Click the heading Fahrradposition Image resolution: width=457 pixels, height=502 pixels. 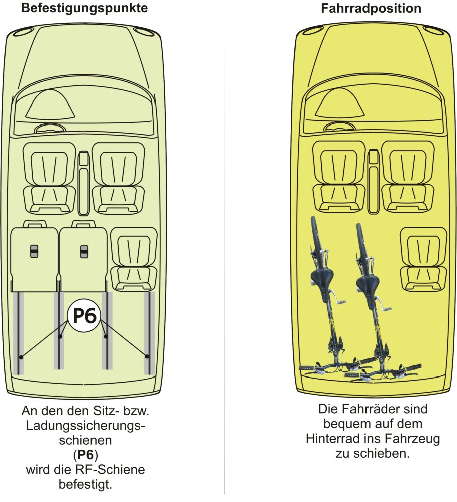coord(371,9)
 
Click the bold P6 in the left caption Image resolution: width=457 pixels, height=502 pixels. coord(84,456)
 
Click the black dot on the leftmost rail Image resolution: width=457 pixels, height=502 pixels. coord(21,357)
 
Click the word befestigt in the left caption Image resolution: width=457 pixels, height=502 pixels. coord(84,485)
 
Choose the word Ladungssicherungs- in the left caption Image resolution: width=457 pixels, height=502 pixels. coord(84,426)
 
